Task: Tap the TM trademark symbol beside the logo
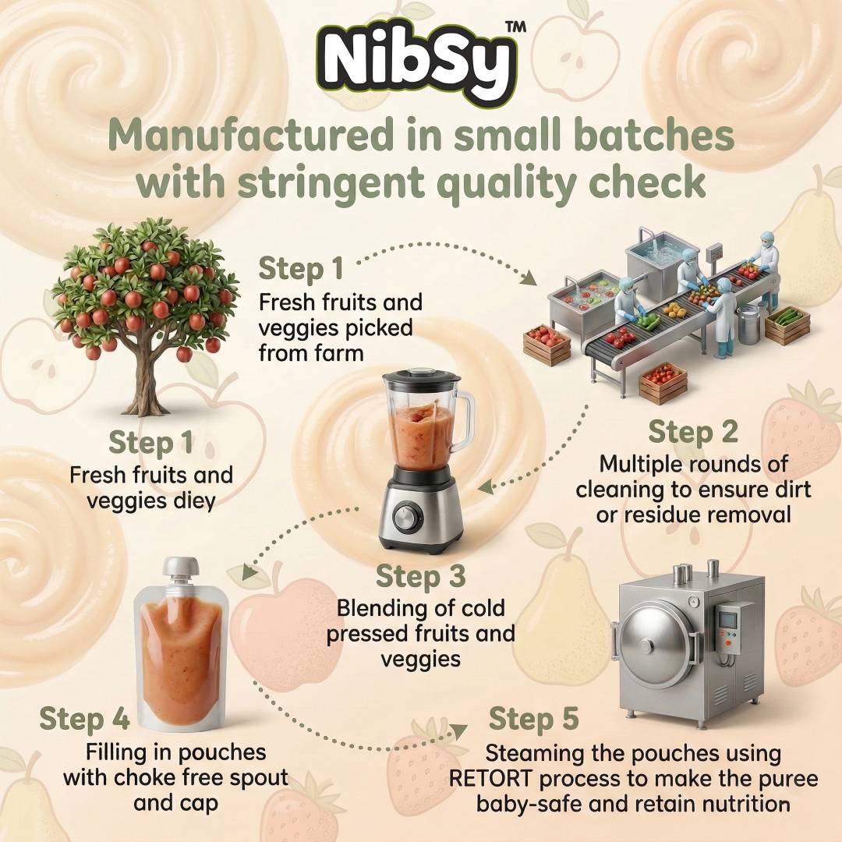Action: click(516, 27)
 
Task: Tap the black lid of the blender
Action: click(422, 378)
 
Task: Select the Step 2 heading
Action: click(693, 433)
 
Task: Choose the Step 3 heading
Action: click(420, 576)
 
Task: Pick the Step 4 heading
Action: click(84, 719)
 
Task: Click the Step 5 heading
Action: click(534, 719)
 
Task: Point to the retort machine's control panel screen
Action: click(727, 621)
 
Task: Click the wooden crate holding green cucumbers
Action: click(787, 324)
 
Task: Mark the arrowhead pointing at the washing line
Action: click(530, 278)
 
